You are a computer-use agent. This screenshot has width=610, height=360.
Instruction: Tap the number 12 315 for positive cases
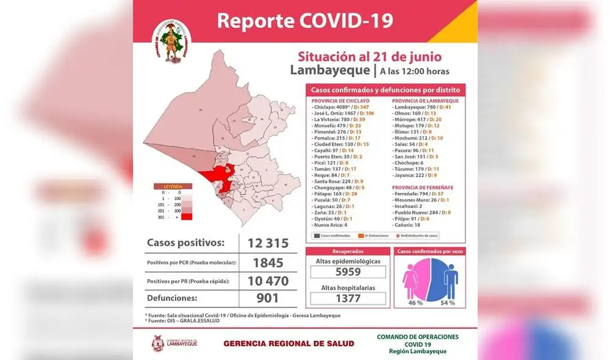pos(268,243)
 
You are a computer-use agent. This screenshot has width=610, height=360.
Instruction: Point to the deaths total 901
pos(268,298)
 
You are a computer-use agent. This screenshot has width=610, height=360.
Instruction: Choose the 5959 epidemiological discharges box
pos(348,272)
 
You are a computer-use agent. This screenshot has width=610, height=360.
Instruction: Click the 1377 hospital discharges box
pos(348,298)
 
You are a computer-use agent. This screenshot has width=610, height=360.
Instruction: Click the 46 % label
pos(415,303)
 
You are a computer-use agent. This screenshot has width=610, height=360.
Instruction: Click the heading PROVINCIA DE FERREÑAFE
pos(425,187)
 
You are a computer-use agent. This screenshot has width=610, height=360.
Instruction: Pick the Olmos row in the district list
pos(414,113)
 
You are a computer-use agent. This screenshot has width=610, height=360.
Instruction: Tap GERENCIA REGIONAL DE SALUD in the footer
pos(289,344)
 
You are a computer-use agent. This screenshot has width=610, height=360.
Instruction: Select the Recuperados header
pos(348,251)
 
